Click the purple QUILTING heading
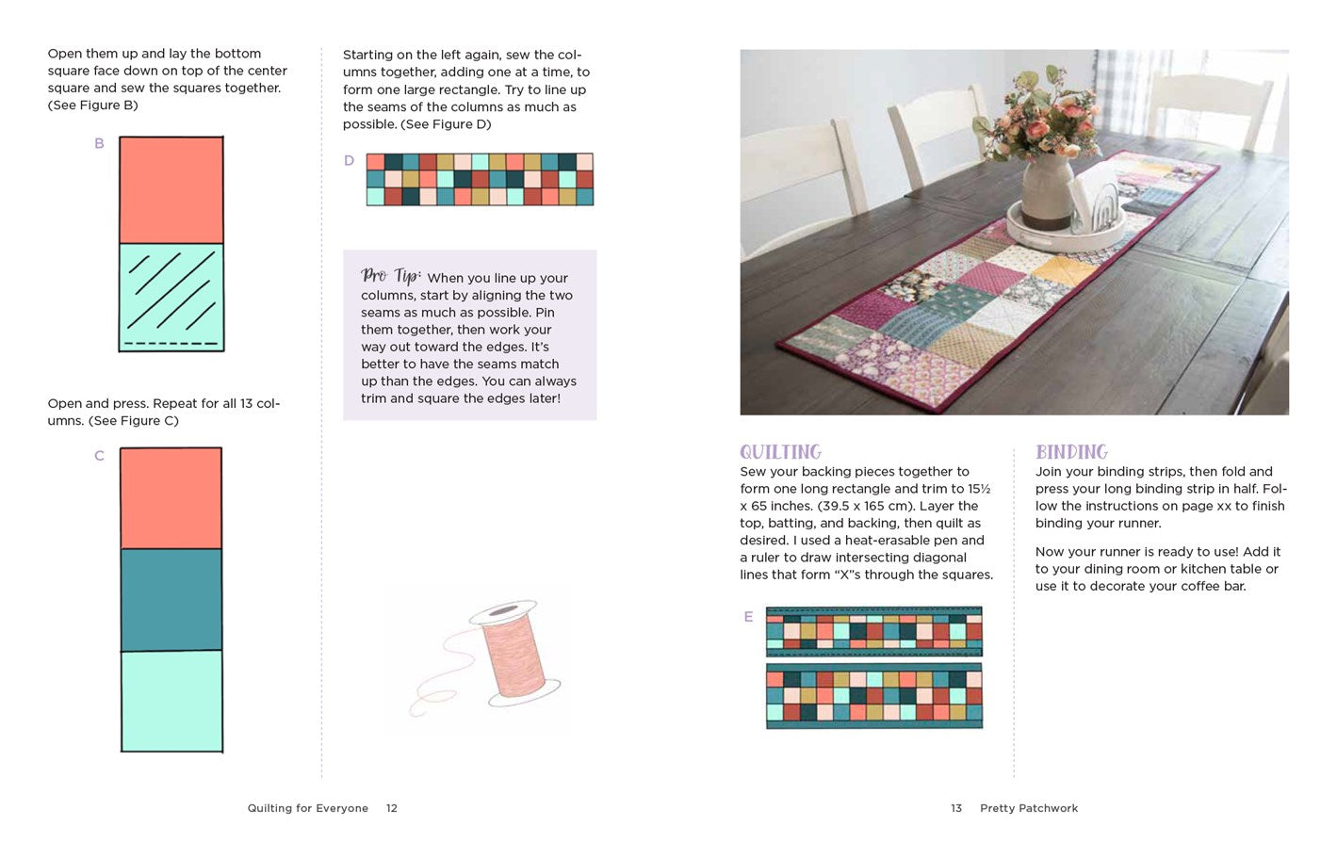[x=780, y=452]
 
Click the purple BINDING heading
[x=1071, y=452]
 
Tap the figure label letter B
[x=99, y=143]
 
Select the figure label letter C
[x=99, y=456]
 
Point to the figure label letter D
[x=350, y=160]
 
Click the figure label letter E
[x=748, y=617]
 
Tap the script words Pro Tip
[x=391, y=276]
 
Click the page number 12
[x=392, y=808]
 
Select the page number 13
[x=956, y=808]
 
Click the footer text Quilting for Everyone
[x=308, y=808]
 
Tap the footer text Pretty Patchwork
[x=1029, y=808]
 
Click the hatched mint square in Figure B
[x=171, y=297]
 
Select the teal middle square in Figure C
[x=171, y=599]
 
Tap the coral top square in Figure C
[x=171, y=498]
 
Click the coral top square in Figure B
[x=171, y=190]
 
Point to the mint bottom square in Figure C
[x=171, y=701]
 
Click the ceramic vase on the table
[x=1048, y=191]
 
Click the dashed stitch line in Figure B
[x=171, y=344]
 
